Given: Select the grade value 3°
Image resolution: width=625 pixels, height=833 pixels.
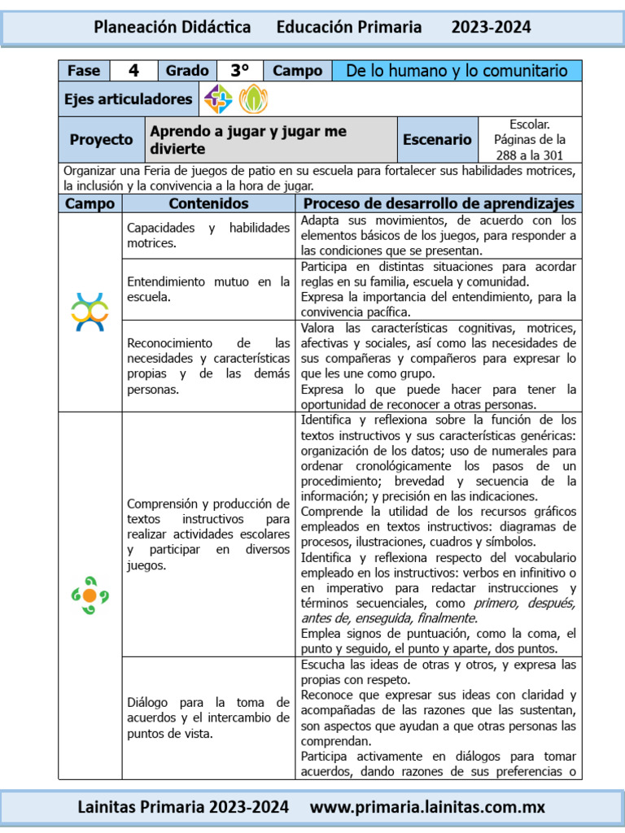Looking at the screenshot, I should coord(239,71).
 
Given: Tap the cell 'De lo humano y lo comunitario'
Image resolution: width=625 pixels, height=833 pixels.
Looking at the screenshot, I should coord(457,71).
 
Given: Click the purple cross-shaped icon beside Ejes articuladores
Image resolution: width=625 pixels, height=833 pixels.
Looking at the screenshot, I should coord(218,99).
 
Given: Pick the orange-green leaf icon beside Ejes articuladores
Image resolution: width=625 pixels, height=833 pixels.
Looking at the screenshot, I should coord(252,99).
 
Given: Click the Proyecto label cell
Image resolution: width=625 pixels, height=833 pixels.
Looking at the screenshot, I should coord(101,140).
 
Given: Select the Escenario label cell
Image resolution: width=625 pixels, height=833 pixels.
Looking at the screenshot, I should coord(437,140).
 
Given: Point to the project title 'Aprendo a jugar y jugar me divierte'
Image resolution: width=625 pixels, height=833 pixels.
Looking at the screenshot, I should coord(248,140).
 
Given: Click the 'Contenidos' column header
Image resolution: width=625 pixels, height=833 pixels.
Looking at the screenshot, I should coord(208,203).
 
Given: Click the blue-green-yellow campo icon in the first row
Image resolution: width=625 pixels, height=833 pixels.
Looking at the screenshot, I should coord(90,312).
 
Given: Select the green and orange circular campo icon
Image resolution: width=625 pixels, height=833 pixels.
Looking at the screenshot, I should coord(90,595).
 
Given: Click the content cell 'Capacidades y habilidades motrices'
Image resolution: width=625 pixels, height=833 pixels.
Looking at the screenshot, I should coord(208,235).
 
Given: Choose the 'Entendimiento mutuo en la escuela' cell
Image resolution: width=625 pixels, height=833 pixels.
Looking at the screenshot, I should coord(208,289).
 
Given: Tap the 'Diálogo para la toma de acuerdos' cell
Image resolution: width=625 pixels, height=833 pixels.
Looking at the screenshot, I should coord(208,717).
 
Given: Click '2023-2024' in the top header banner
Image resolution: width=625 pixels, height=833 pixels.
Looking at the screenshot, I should coord(491,27).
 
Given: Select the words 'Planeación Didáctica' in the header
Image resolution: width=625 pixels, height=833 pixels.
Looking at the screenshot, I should coord(173,27).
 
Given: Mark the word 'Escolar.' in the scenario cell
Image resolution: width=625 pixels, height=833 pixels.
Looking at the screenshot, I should coord(530,124).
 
